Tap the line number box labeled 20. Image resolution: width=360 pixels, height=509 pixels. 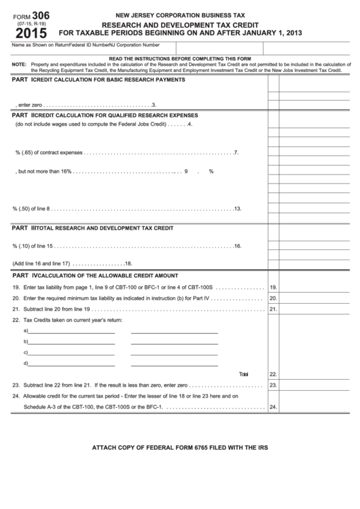pyautogui.click(x=273, y=298)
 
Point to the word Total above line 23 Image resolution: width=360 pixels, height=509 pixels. pyautogui.click(x=244, y=374)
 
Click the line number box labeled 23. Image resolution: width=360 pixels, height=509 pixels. pyautogui.click(x=273, y=385)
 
